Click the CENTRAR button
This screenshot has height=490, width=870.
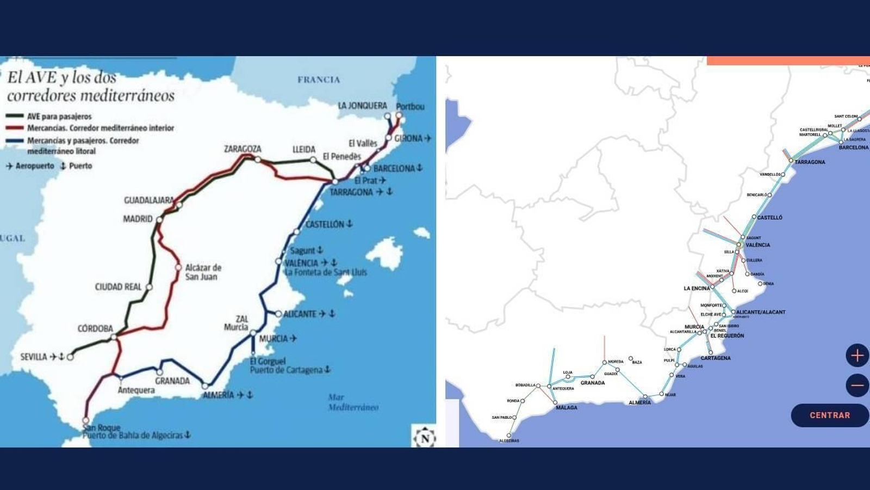pyautogui.click(x=829, y=415)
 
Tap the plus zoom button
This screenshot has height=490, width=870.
pyautogui.click(x=857, y=356)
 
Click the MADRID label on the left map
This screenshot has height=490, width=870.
pyautogui.click(x=138, y=219)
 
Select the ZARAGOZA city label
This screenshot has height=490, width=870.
pyautogui.click(x=243, y=149)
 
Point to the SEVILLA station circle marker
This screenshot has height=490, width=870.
pyautogui.click(x=70, y=357)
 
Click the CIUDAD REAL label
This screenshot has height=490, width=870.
pyautogui.click(x=118, y=287)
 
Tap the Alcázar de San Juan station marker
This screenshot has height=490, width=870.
pyautogui.click(x=178, y=267)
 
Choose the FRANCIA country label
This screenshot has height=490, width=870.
pyautogui.click(x=319, y=79)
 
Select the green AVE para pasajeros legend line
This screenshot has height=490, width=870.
pyautogui.click(x=15, y=116)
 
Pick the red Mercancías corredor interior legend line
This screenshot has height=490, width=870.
pyautogui.click(x=15, y=128)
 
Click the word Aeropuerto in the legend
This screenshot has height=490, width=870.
pyautogui.click(x=35, y=166)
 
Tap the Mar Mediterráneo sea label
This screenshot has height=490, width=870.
pyautogui.click(x=353, y=402)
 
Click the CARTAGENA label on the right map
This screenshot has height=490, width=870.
pyautogui.click(x=716, y=358)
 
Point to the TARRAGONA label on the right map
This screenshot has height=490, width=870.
pyautogui.click(x=810, y=162)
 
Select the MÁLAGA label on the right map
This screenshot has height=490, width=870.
pyautogui.click(x=567, y=408)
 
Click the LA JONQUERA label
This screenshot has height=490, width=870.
pyautogui.click(x=362, y=106)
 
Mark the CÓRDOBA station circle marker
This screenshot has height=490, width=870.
pyautogui.click(x=114, y=338)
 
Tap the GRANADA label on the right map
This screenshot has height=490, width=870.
pyautogui.click(x=593, y=383)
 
